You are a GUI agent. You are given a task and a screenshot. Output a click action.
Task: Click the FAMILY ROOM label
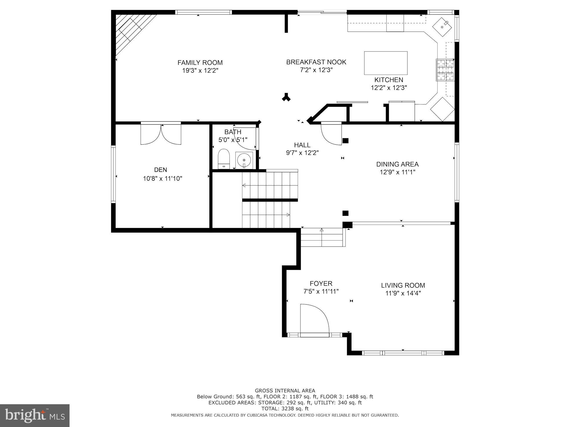coord(200,63)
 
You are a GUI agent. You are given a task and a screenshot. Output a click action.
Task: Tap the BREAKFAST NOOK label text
coord(316,62)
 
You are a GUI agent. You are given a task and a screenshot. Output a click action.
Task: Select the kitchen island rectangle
coord(386,63)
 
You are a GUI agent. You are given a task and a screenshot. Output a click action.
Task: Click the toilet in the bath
coord(224,159)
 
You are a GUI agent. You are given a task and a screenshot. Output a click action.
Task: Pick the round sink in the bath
coord(244,160)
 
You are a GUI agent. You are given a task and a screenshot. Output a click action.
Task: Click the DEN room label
coord(160,170)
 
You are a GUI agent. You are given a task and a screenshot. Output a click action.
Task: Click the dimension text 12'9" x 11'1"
coord(397,172)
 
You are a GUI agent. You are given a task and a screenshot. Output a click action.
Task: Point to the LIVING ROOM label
coord(403,285)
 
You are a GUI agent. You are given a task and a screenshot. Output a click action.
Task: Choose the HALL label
coord(302,145)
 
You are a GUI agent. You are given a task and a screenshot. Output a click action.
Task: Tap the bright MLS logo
coord(35,416)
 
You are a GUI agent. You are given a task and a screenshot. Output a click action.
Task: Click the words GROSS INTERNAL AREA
coord(285,391)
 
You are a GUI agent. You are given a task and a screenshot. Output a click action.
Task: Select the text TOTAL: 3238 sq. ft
coord(285,409)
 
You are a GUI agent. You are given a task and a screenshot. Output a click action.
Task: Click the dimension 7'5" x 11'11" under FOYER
coord(321,291)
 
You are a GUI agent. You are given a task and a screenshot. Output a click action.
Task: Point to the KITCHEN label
coord(389,80)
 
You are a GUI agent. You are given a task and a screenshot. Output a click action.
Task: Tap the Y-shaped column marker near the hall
coord(286,97)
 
